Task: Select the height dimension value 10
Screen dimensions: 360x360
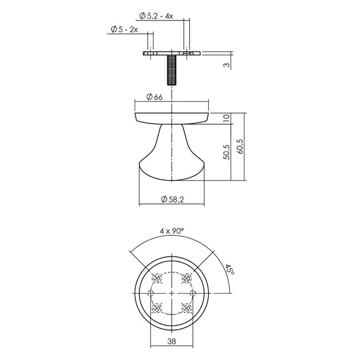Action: point(226,118)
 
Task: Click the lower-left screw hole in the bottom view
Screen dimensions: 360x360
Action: point(157,307)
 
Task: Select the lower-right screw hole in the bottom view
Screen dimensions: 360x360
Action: point(187,307)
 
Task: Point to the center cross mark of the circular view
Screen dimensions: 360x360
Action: point(172,292)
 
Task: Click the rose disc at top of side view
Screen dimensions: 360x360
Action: point(172,116)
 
